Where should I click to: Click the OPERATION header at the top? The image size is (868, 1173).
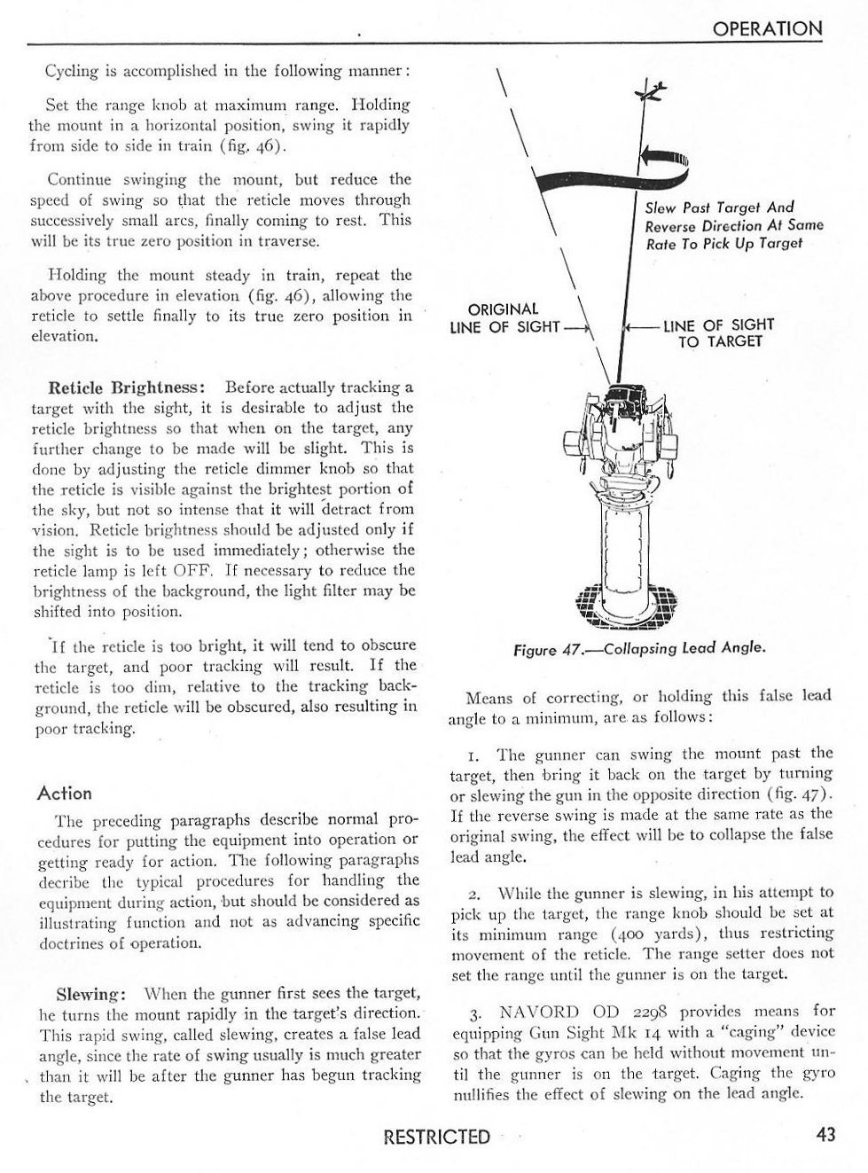[x=768, y=28]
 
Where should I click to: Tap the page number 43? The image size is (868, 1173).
[x=825, y=1134]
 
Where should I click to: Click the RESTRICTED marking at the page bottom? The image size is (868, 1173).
[x=435, y=1137]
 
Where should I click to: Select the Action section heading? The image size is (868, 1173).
[x=65, y=793]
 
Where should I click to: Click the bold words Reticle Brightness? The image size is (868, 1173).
[x=127, y=387]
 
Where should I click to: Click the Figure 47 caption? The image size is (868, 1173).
[x=638, y=648]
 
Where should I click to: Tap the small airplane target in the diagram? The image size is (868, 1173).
[x=653, y=91]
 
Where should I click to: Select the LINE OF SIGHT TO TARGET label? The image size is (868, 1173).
[x=719, y=332]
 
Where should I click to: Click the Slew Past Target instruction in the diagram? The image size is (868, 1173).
[x=733, y=225]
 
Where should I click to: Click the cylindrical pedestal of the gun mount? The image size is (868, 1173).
[x=630, y=541]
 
